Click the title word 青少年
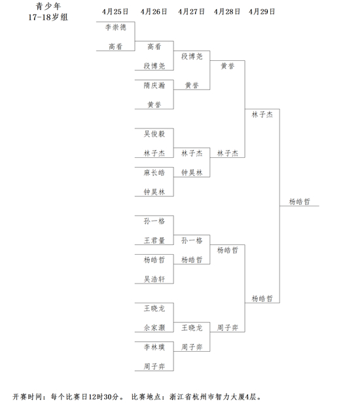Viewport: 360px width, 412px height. [48, 6]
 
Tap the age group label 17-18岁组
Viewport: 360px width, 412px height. [48, 17]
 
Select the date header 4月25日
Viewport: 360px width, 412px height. [115, 12]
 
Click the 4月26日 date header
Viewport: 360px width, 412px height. [154, 12]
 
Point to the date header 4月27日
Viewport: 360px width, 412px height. [191, 12]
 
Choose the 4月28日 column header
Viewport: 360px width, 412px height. [227, 12]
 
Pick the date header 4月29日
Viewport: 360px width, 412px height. [262, 12]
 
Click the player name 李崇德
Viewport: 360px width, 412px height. [116, 28]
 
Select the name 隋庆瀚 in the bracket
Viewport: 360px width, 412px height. [154, 85]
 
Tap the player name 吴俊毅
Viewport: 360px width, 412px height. [154, 134]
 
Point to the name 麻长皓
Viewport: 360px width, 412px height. [154, 173]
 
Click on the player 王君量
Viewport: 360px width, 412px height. [154, 240]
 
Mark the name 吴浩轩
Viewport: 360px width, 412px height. [154, 279]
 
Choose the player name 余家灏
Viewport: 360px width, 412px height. [154, 328]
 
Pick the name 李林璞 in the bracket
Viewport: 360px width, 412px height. [154, 347]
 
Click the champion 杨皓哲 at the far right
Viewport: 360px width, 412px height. [300, 202]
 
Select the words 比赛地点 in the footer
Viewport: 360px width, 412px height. [146, 396]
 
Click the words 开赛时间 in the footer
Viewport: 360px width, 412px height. [27, 396]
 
